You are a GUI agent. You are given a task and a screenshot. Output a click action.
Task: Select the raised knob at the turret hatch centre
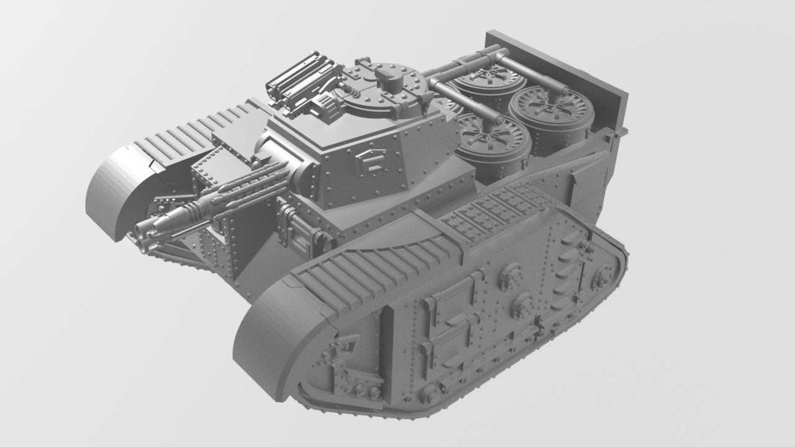386,76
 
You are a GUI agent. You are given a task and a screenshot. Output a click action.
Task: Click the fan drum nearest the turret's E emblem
494,142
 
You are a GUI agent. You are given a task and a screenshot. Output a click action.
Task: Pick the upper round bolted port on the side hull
511,274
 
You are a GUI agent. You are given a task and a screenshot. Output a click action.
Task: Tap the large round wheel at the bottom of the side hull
429,392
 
